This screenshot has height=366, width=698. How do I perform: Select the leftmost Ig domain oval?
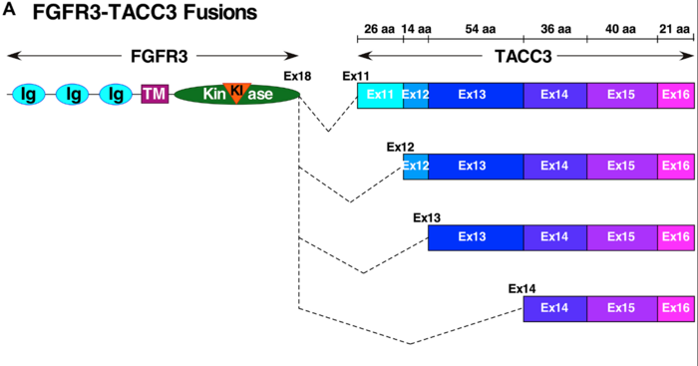coord(28,95)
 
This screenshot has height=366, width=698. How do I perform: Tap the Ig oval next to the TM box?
coord(117,95)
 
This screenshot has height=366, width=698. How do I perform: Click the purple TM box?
coord(154,95)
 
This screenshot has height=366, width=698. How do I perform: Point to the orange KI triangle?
coord(236,91)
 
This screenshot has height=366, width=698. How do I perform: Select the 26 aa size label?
coord(380,29)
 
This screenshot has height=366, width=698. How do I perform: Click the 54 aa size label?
coord(475,29)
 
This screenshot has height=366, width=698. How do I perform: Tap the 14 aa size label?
coord(416,29)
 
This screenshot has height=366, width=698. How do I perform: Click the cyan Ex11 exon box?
coord(380,95)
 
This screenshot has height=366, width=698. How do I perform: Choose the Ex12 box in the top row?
coord(416,95)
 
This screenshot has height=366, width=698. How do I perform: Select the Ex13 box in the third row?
coord(475,237)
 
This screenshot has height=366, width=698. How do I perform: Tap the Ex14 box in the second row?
coord(554,166)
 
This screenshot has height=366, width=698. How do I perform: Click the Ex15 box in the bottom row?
coord(622,308)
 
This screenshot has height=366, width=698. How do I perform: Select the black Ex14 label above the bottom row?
coord(523,289)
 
